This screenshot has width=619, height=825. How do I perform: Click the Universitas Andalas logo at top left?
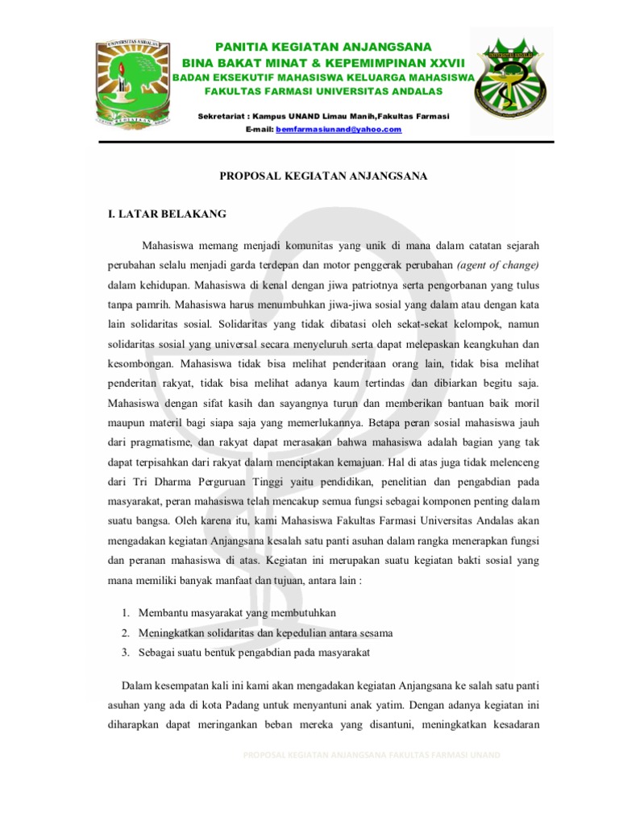(132, 86)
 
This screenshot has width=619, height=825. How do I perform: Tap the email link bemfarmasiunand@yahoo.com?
(338, 129)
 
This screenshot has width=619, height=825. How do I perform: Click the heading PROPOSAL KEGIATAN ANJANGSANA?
(325, 175)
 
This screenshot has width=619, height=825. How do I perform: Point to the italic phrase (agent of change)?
(497, 264)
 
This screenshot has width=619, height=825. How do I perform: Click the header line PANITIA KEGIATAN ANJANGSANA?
(322, 47)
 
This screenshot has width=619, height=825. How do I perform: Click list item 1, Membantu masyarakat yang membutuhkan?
(231, 613)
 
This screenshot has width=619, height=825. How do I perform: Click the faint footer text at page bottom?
(371, 754)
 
